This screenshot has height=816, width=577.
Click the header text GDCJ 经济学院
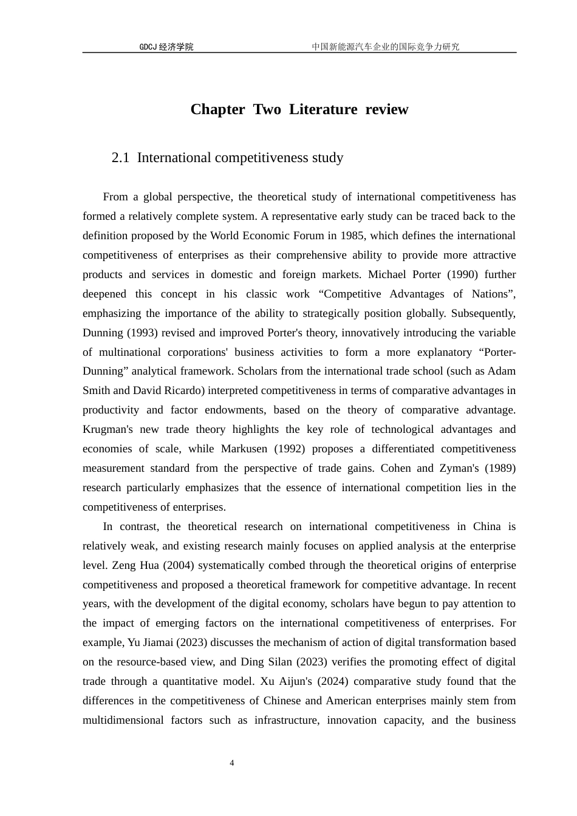click(x=166, y=47)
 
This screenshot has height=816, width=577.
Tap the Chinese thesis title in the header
click(x=385, y=47)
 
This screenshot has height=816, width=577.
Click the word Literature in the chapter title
click(x=323, y=109)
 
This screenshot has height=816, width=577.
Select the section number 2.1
click(x=120, y=158)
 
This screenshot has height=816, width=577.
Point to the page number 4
click(x=232, y=763)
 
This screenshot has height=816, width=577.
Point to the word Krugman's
click(x=108, y=429)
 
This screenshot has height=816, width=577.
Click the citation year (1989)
click(x=499, y=468)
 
